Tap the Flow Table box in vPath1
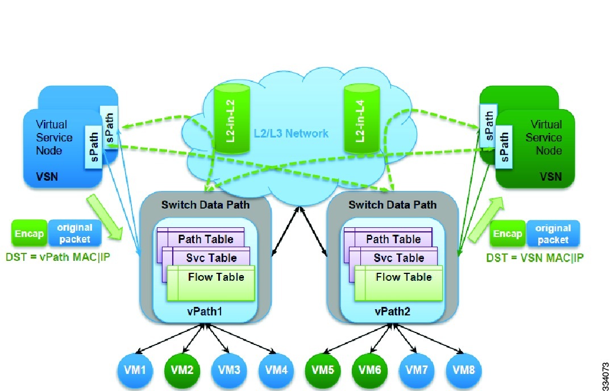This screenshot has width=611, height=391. pyautogui.click(x=216, y=277)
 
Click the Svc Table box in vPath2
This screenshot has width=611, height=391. pyautogui.click(x=398, y=258)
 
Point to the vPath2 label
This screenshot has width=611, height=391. pyautogui.click(x=392, y=313)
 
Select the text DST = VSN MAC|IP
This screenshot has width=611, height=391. pyautogui.click(x=535, y=257)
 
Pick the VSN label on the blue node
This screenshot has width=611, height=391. pyautogui.click(x=47, y=177)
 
